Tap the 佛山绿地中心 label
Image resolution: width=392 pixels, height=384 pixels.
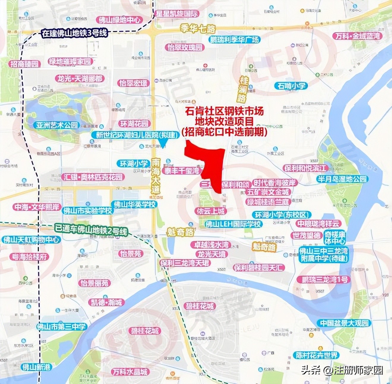click(x=119, y=20)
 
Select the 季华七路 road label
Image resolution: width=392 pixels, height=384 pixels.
click(x=197, y=29)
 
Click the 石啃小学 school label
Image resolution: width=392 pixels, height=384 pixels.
click(x=291, y=86)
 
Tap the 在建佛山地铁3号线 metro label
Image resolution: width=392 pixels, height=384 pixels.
click(x=74, y=33)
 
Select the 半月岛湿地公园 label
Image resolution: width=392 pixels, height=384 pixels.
click(x=342, y=179)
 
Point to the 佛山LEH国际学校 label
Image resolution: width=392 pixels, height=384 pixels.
click(x=234, y=224)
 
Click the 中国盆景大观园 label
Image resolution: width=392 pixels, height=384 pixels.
click(x=344, y=323)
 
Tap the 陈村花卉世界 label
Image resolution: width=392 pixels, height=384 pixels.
click(x=317, y=355)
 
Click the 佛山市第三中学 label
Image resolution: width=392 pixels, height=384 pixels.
click(x=61, y=327)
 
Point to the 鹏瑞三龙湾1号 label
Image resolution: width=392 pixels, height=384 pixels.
click(x=324, y=280)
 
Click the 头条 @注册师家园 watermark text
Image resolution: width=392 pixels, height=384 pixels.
click(x=342, y=370)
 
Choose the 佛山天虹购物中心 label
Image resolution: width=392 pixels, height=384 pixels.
click(x=31, y=239)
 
